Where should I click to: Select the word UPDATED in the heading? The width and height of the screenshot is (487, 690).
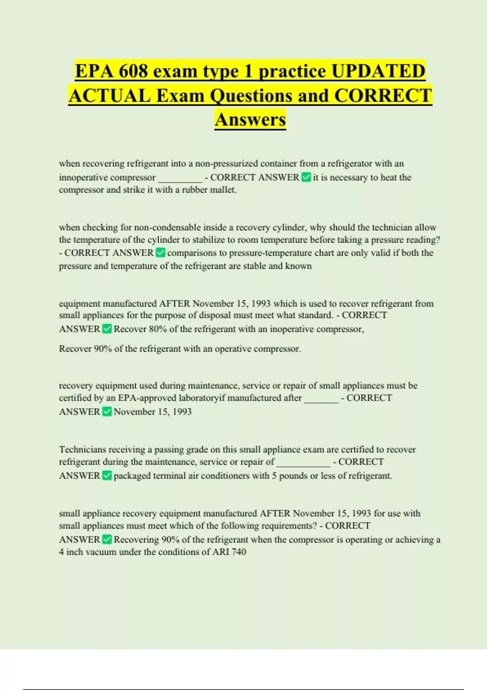(x=378, y=71)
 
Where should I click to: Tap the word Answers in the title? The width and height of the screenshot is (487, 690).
(x=250, y=119)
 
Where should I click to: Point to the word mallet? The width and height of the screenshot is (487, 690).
(x=223, y=190)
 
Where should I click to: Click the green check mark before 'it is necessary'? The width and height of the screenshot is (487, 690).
(x=306, y=177)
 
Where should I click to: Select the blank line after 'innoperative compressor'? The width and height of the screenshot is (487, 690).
(x=180, y=179)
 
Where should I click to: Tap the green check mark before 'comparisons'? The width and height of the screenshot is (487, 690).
(x=160, y=253)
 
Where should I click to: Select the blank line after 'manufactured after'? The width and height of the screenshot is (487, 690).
(x=321, y=399)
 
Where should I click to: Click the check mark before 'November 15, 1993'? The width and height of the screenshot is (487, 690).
(x=107, y=412)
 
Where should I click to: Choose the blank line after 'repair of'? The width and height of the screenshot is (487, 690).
(x=303, y=463)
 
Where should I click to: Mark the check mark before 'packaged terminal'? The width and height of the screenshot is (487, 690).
(x=107, y=476)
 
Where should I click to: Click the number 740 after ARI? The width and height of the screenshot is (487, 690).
(x=239, y=552)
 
